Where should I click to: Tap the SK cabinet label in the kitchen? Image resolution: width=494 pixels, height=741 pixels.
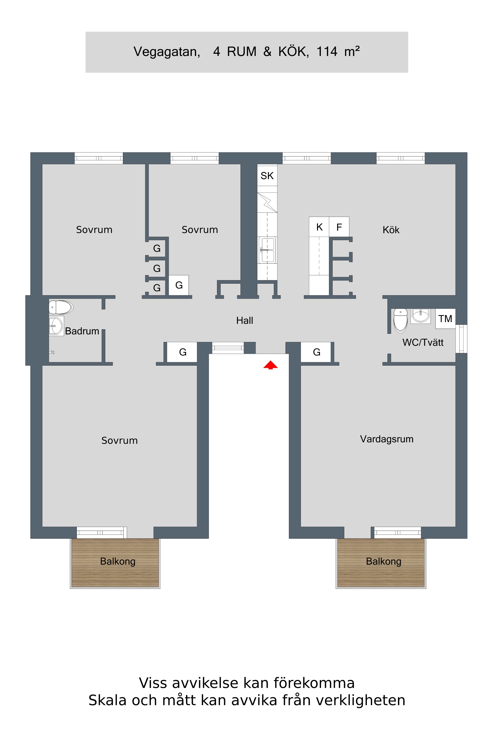[267, 176]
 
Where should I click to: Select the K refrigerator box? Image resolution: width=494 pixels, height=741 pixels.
[319, 227]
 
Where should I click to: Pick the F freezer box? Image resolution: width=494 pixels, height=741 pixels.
[339, 227]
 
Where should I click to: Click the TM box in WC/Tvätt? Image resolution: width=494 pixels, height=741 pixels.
[445, 319]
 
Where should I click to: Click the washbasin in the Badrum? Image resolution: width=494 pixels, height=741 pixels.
[56, 326]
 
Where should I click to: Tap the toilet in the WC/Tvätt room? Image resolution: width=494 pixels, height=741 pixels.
[400, 320]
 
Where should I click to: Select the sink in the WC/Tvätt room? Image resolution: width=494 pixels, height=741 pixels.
[420, 316]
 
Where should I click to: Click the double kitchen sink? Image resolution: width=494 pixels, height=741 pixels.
[267, 250]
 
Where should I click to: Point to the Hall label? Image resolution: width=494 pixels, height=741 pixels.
[245, 321]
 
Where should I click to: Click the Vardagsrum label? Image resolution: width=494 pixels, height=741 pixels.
[386, 439]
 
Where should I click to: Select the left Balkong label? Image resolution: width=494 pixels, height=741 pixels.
[117, 561]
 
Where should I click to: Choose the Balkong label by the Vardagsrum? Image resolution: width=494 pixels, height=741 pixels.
[383, 561]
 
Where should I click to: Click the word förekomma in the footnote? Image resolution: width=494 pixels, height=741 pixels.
[314, 683]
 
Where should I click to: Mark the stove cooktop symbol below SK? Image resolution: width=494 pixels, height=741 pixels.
[267, 203]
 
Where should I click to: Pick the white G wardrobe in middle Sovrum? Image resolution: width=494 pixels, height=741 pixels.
[179, 285]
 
